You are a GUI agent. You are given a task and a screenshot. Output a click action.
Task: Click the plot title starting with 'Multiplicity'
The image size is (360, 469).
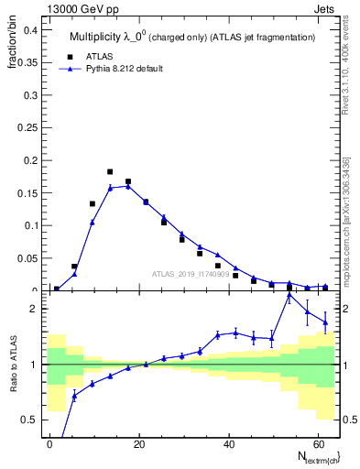click(192, 37)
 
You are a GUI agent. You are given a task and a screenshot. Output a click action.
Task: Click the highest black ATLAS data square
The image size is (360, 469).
click(110, 171)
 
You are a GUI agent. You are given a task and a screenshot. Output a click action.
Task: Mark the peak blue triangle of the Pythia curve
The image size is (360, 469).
click(128, 186)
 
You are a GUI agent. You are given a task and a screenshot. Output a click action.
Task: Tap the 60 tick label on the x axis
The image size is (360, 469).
click(316, 442)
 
